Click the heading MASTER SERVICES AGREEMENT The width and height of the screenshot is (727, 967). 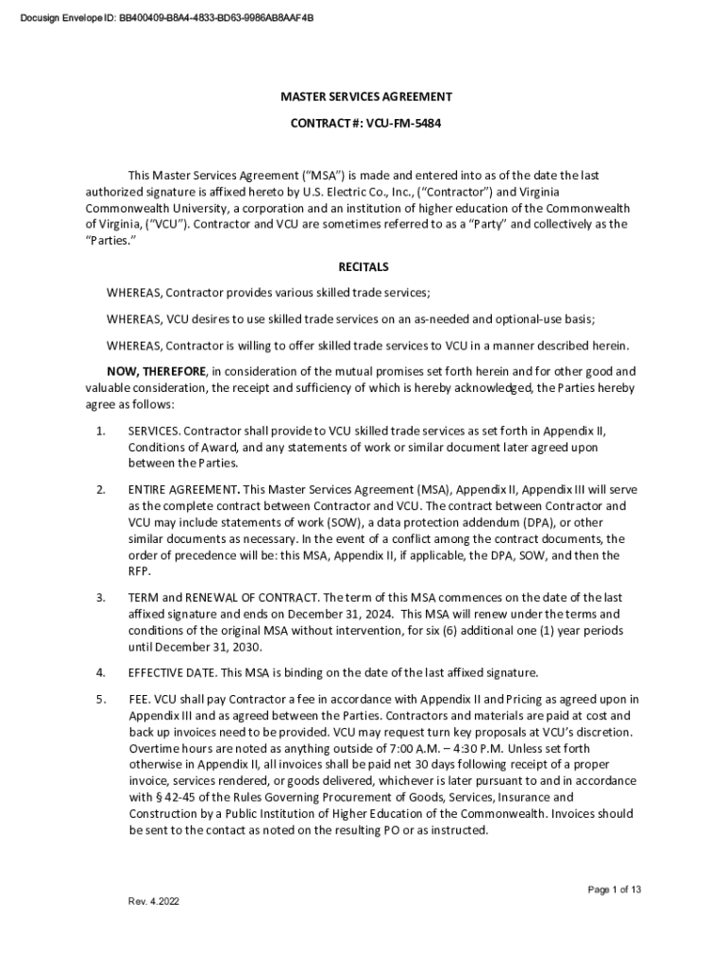point(365,96)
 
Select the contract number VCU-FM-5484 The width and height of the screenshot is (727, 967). point(397,123)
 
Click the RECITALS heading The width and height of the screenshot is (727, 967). point(363,267)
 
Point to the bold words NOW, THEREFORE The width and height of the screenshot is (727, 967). point(157,371)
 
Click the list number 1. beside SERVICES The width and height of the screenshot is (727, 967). point(100,432)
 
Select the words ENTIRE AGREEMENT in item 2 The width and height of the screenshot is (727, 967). point(182,490)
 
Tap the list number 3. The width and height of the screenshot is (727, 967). point(100,598)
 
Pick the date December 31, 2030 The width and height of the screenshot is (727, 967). point(201,647)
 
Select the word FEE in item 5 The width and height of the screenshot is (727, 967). point(139,699)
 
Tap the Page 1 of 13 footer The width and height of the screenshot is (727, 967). point(615,890)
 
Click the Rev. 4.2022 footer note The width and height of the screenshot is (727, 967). point(153,901)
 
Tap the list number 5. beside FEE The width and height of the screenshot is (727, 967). point(100,699)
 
